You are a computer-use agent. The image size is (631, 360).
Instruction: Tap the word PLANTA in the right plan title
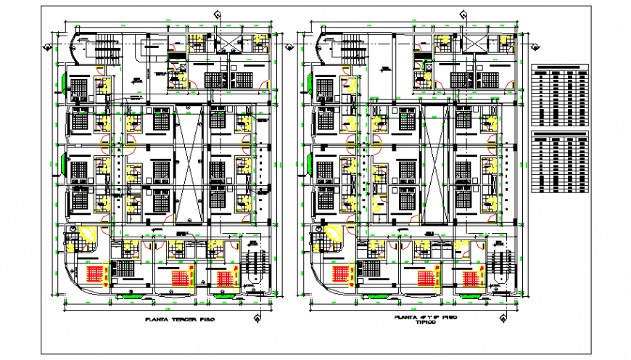tap(407, 317)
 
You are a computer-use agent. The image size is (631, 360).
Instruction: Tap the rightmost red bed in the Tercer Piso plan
tap(226, 277)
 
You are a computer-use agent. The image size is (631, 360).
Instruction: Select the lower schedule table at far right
tap(562, 163)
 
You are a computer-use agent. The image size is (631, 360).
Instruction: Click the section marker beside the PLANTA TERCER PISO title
tap(256, 319)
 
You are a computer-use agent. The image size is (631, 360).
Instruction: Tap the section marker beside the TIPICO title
tap(501, 319)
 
